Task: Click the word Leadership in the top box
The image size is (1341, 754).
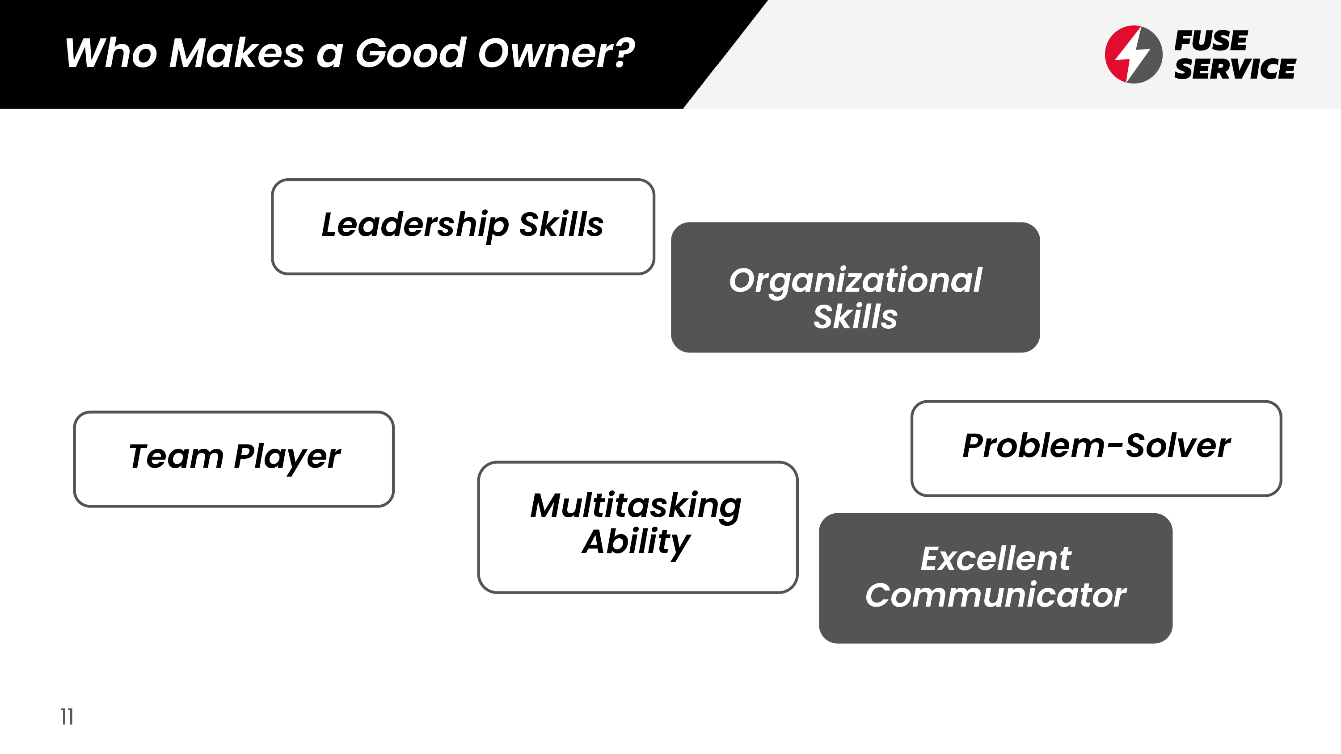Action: (x=415, y=225)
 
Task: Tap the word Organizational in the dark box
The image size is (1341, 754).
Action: (x=855, y=281)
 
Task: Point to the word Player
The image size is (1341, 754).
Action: (x=287, y=457)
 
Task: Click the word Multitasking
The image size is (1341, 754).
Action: (x=636, y=506)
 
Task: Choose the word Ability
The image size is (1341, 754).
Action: (x=636, y=542)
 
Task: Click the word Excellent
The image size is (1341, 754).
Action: (x=995, y=559)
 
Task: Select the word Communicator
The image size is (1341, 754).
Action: (x=995, y=595)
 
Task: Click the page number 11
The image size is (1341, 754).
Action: (x=67, y=716)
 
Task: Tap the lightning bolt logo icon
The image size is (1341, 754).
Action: (x=1133, y=54)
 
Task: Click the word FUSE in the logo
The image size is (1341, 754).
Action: (x=1210, y=41)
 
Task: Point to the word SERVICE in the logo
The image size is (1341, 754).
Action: (x=1235, y=69)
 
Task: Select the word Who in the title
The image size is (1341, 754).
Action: (x=111, y=53)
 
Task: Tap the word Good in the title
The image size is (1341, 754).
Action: (x=411, y=53)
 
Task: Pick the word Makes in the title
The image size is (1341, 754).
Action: (x=237, y=53)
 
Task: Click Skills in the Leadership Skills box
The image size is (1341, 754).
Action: (x=561, y=224)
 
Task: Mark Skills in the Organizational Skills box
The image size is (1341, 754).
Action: (x=855, y=316)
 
